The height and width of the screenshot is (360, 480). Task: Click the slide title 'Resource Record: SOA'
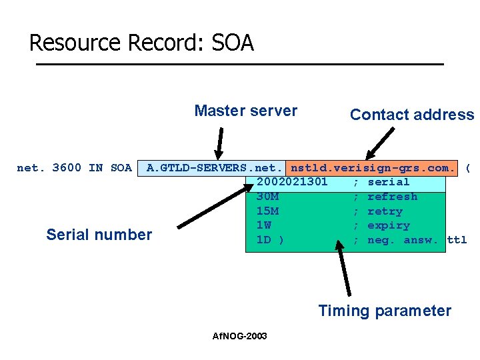coord(141,43)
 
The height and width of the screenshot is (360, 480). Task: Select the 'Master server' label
coord(245,111)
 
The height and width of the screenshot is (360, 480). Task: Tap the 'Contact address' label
coord(411,115)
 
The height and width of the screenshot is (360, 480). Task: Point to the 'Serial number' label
coord(99,235)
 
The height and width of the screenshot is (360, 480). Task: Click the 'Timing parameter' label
coord(385,311)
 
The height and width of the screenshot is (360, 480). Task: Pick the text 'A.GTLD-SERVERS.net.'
coord(215,167)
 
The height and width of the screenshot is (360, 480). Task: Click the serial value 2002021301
coord(292,182)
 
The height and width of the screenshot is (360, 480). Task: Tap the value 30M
coord(267,197)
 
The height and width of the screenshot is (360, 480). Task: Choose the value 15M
coord(267,211)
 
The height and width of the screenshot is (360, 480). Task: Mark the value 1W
coord(263,225)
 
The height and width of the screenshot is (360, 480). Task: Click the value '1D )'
coord(270,240)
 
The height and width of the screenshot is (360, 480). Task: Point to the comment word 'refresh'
coord(392,197)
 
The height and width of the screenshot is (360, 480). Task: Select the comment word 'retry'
coord(385,211)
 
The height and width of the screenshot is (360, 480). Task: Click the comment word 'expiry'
coord(389,225)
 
